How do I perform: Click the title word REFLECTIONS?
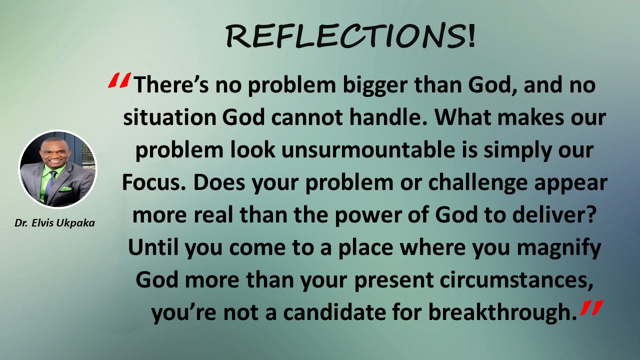click(350, 35)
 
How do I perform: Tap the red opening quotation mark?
click(119, 80)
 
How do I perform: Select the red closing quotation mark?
click(591, 307)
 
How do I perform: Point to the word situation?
click(169, 117)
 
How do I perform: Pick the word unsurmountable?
click(368, 150)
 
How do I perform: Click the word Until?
click(153, 247)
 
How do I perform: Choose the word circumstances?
click(516, 280)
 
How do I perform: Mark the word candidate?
click(334, 312)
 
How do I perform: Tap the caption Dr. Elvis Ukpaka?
click(54, 223)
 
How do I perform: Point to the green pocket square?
click(66, 189)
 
